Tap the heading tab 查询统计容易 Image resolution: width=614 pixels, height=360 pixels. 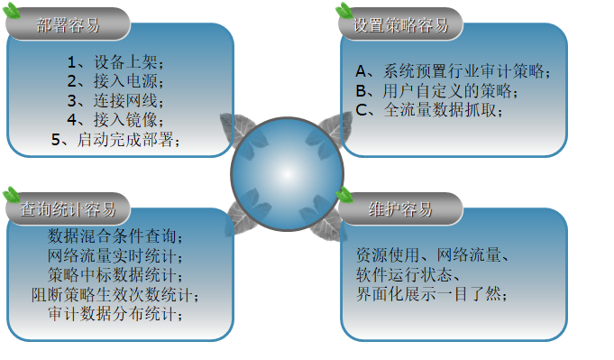pyautogui.click(x=68, y=210)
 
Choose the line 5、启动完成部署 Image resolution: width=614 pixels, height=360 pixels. pyautogui.click(x=116, y=139)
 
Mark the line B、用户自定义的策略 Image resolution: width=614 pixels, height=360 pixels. pyautogui.click(x=437, y=91)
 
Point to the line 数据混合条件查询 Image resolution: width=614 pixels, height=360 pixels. pyautogui.click(x=116, y=236)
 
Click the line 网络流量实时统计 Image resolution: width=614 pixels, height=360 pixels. pyautogui.click(x=116, y=255)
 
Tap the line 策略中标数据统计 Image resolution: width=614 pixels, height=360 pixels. pyautogui.click(x=116, y=274)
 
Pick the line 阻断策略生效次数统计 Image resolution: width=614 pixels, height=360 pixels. pyautogui.click(x=116, y=294)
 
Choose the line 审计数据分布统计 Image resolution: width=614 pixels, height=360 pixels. pyautogui.click(x=116, y=313)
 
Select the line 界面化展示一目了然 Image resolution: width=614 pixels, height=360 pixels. pyautogui.click(x=431, y=294)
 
